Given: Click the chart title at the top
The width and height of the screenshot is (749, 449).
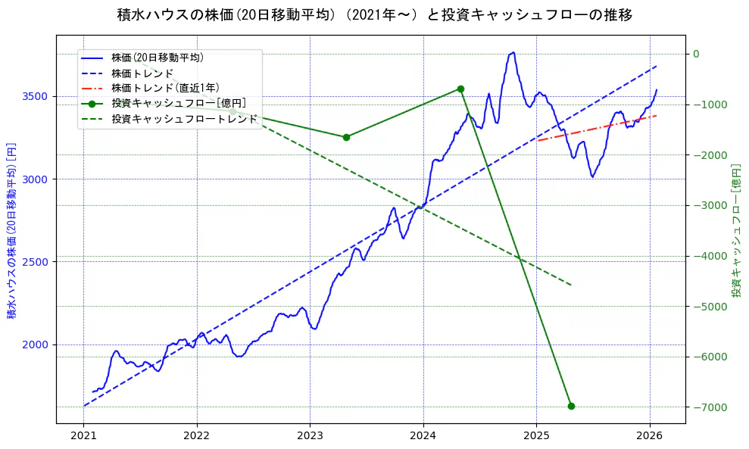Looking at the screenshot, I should tap(374, 14).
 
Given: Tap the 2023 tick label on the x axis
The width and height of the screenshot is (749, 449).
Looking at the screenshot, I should tap(310, 436).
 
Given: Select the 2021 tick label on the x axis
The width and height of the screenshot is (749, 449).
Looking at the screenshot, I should tap(83, 436).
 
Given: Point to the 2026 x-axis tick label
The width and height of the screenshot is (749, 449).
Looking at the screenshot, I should tap(650, 436).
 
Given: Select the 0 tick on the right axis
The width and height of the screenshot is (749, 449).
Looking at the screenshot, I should tap(695, 54).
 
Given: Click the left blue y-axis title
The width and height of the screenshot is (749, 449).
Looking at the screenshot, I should tap(12, 230).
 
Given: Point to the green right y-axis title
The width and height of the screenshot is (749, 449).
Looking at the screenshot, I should tap(735, 230).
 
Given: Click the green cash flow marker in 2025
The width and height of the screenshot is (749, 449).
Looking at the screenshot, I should tap(571, 406).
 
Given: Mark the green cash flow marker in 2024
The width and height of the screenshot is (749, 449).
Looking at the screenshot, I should tap(460, 89).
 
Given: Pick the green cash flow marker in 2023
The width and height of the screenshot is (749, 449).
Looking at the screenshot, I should tap(346, 137).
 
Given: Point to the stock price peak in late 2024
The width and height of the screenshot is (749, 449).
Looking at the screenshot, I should tap(513, 52).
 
